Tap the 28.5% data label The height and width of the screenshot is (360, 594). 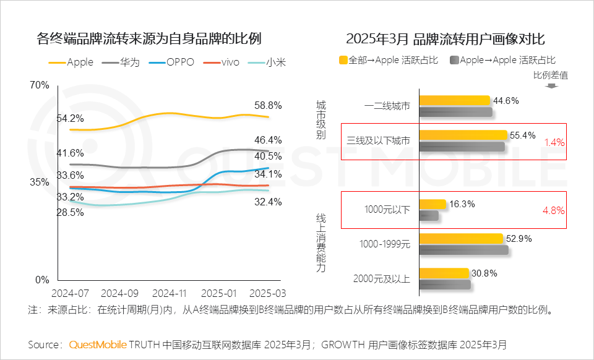pyautogui.click(x=70, y=212)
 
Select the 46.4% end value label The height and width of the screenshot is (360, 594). pyautogui.click(x=267, y=140)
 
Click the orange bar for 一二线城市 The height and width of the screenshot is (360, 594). pyautogui.click(x=455, y=101)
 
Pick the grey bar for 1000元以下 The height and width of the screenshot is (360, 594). pyautogui.click(x=429, y=215)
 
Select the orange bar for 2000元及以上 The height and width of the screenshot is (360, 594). pyautogui.click(x=444, y=273)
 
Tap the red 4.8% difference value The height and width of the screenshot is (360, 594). pyautogui.click(x=553, y=210)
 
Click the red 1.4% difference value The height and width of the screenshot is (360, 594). pyautogui.click(x=554, y=142)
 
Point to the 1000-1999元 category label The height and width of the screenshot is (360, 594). pyautogui.click(x=385, y=244)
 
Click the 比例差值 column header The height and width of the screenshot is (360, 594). pyautogui.click(x=551, y=75)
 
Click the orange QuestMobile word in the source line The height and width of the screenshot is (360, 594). pyautogui.click(x=98, y=344)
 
